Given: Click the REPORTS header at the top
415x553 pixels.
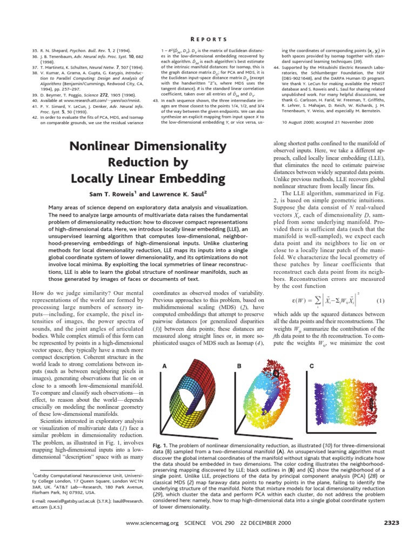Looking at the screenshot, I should [207, 38].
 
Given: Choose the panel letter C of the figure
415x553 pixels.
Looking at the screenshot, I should [311, 366].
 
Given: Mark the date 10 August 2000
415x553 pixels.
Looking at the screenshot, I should [297, 123].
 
